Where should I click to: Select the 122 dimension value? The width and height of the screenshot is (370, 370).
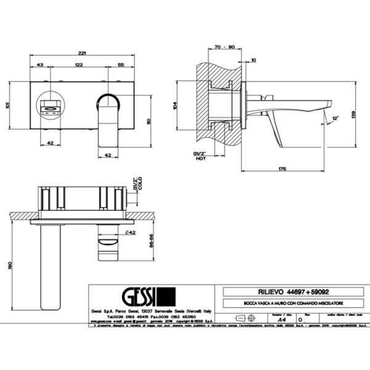[x=80, y=65]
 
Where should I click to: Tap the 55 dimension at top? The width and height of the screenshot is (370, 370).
[x=121, y=65]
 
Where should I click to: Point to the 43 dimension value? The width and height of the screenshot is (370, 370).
[x=39, y=65]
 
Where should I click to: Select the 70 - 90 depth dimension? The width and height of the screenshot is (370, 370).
[x=218, y=47]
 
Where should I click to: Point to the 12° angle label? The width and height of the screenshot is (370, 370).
[x=335, y=118]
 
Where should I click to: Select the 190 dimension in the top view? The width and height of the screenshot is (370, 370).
[x=8, y=265]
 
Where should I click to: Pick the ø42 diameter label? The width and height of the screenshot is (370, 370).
[x=130, y=232]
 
